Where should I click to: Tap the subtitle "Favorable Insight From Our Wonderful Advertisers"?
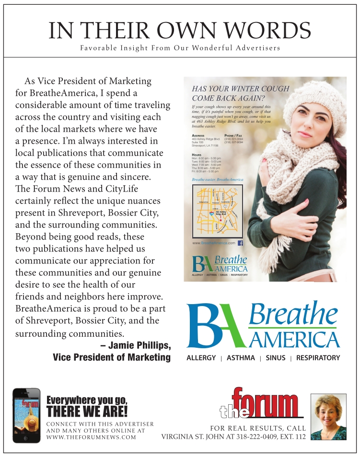point(180,48)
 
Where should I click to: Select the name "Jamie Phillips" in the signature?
point(139,345)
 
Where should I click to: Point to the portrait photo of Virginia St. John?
point(328,416)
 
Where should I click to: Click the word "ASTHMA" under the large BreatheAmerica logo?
point(241,358)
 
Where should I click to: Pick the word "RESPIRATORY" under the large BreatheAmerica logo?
point(318,358)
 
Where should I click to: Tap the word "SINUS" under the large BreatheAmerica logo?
point(275,358)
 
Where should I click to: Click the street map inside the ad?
point(217,211)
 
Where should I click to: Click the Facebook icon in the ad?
point(241,243)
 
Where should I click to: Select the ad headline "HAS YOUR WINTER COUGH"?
point(240,89)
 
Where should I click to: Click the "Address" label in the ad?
point(198,136)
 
